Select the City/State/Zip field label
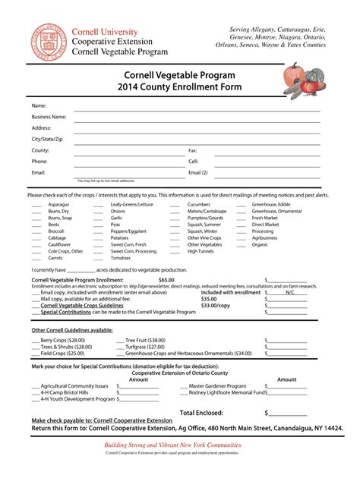pyautogui.click(x=47, y=140)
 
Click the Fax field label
pyautogui.click(x=192, y=151)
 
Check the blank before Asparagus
pyautogui.click(x=36, y=205)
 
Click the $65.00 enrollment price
pyautogui.click(x=166, y=279)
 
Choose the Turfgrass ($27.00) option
pyautogui.click(x=144, y=347)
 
